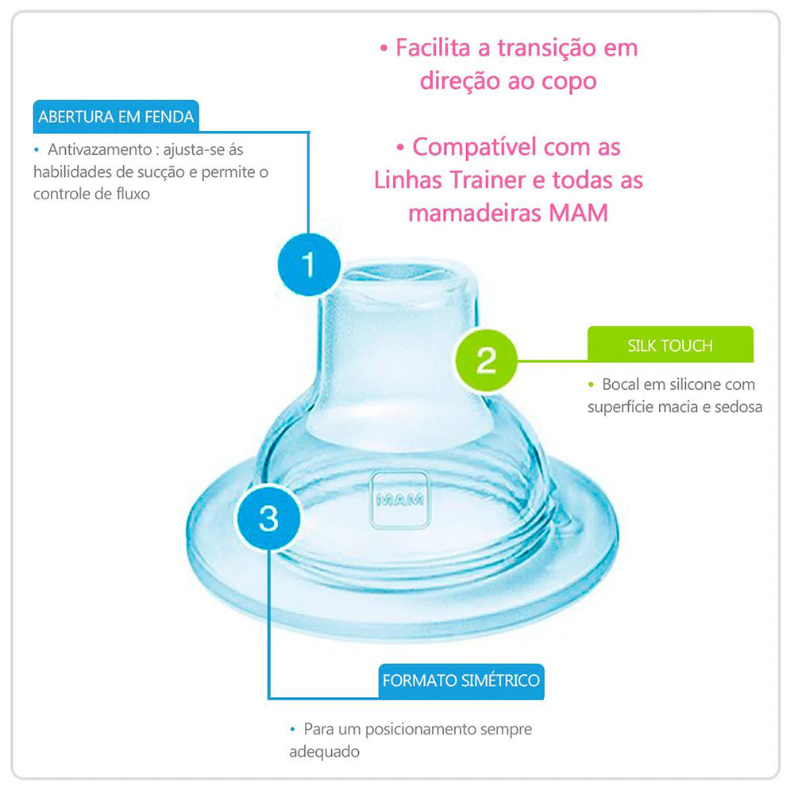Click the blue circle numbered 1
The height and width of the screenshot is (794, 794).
(x=309, y=264)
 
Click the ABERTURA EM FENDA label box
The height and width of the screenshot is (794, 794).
(x=116, y=117)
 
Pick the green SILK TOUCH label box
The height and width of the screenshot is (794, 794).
(x=669, y=345)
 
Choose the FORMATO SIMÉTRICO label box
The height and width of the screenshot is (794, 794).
(x=461, y=680)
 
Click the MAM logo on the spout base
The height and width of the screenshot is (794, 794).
(x=399, y=500)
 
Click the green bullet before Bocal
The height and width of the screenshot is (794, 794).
(x=591, y=384)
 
